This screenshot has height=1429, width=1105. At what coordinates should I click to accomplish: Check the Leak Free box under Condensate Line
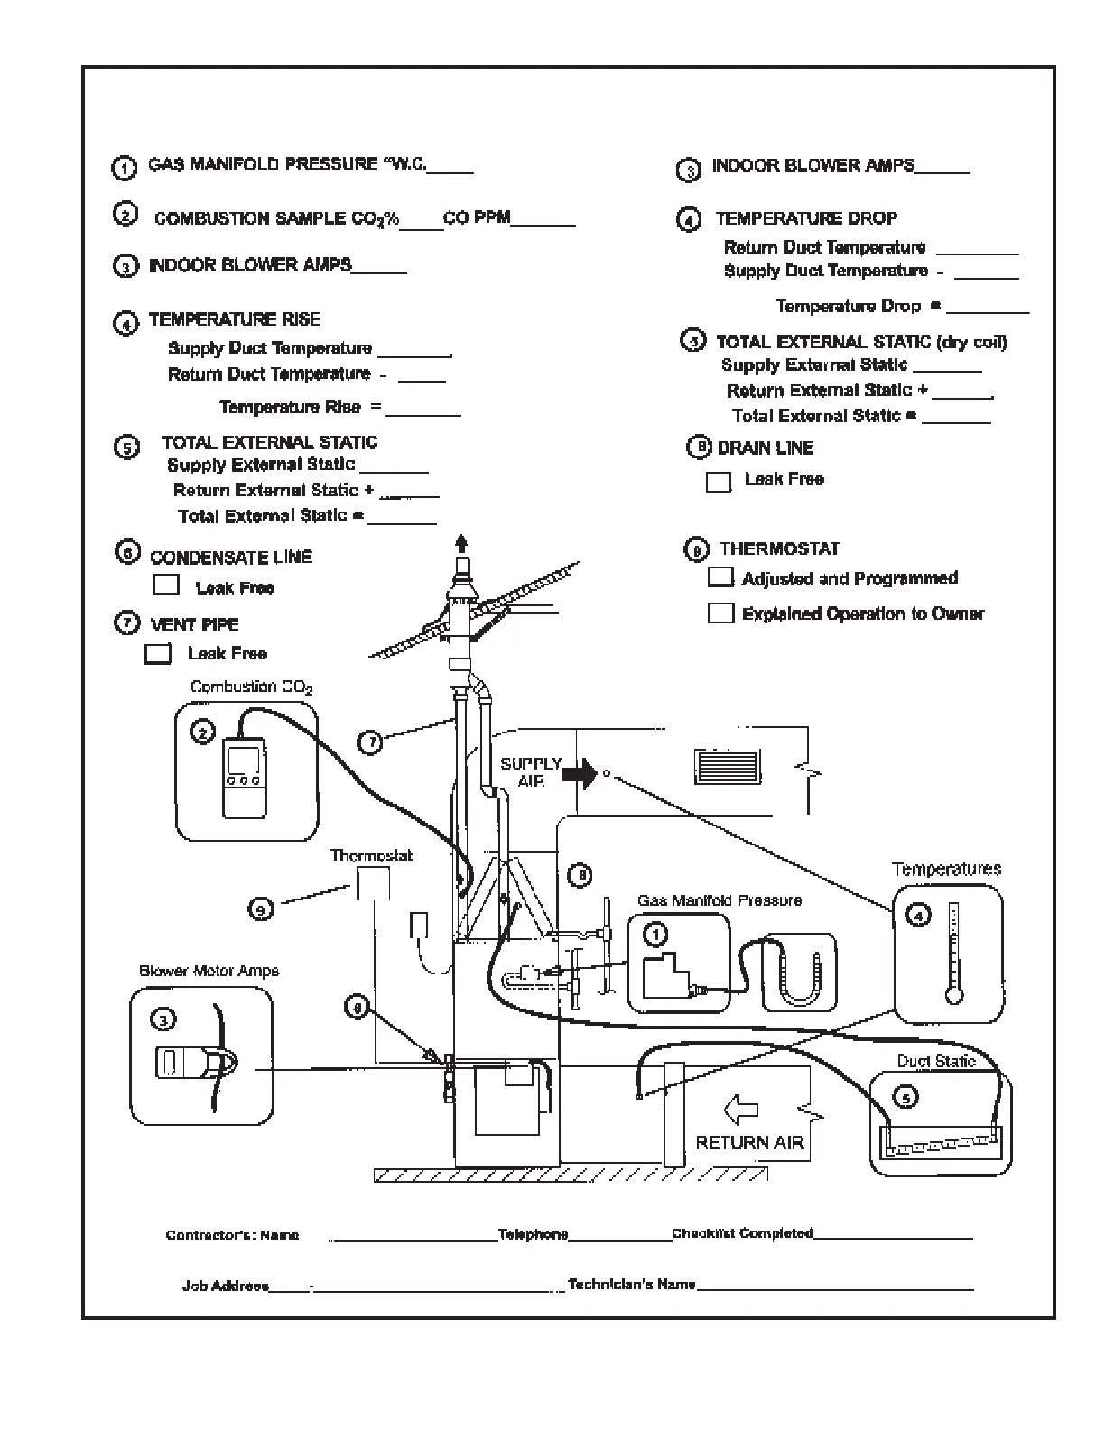coord(166,585)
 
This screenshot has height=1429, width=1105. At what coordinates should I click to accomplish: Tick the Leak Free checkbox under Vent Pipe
coord(158,654)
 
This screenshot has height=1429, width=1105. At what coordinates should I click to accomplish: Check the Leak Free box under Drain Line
coord(719,482)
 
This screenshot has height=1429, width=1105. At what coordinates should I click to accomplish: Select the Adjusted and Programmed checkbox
coord(721,577)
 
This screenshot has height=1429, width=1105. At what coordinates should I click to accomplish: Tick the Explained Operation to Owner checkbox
coord(721,613)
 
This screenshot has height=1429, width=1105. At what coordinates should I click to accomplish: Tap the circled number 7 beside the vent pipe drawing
coord(371,742)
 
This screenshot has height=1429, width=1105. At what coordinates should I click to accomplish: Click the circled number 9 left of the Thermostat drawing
coord(261,909)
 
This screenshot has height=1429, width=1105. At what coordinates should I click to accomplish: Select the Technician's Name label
coord(631,1285)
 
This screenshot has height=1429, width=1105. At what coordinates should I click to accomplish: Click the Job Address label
coord(225,1286)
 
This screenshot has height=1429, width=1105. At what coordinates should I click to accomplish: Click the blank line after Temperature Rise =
coord(423,410)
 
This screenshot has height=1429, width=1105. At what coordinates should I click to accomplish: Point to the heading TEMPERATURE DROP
coord(806,218)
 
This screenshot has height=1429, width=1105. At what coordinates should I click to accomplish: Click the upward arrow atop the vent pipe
coord(462,544)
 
